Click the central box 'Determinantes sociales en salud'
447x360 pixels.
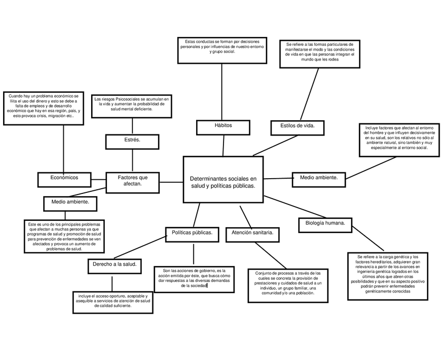(222, 180)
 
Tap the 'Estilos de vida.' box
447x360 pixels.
(297, 127)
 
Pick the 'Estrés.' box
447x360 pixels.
(132, 142)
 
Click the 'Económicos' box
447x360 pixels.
(64, 179)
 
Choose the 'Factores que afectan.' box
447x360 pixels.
(132, 181)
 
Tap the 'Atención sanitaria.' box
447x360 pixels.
(251, 233)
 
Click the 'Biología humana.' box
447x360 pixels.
(325, 224)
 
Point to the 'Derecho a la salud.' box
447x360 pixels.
(114, 266)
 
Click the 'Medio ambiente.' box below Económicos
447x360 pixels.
(70, 203)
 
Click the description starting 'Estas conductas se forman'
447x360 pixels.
(222, 50)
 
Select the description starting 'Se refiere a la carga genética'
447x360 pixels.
(387, 276)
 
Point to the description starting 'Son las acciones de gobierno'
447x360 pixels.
(194, 279)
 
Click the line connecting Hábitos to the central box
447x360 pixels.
(223, 145)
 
